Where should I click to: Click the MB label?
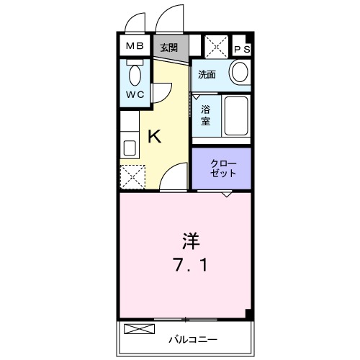tap(135, 47)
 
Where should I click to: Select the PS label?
tap(243, 49)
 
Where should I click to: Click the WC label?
tap(134, 95)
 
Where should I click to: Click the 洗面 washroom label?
tap(207, 74)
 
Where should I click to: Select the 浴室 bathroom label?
tap(206, 115)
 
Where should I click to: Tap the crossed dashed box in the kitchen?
tap(132, 176)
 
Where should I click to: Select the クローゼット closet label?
tap(222, 168)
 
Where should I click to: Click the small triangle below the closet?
tap(227, 194)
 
